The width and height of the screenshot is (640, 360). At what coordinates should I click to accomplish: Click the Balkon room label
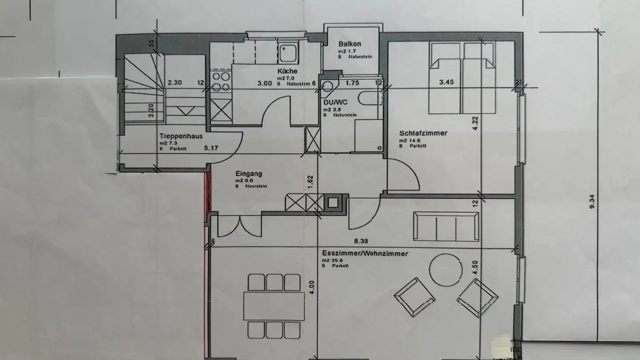tap(349, 44)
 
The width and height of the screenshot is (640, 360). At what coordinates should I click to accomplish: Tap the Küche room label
tap(287, 71)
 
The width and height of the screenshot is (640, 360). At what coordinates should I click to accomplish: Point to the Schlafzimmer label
tap(423, 133)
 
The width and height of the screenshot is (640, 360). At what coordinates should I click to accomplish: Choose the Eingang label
tap(248, 174)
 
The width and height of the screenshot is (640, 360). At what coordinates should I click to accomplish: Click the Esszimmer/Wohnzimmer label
tap(365, 254)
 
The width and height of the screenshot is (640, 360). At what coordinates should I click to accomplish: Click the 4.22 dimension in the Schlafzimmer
tap(476, 122)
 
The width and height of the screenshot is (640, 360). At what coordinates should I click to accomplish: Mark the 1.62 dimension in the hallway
tap(311, 181)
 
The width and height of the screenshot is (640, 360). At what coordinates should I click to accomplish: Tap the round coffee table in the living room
tap(446, 270)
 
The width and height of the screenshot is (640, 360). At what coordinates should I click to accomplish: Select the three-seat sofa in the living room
tap(446, 227)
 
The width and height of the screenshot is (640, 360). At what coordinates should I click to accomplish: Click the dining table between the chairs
tap(274, 306)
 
